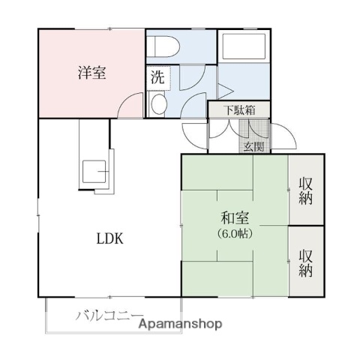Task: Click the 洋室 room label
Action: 91,73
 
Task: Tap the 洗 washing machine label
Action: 157,76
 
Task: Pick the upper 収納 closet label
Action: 306,190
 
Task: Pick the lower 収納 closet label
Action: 306,263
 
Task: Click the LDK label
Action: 109,239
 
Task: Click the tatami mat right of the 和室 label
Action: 270,224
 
